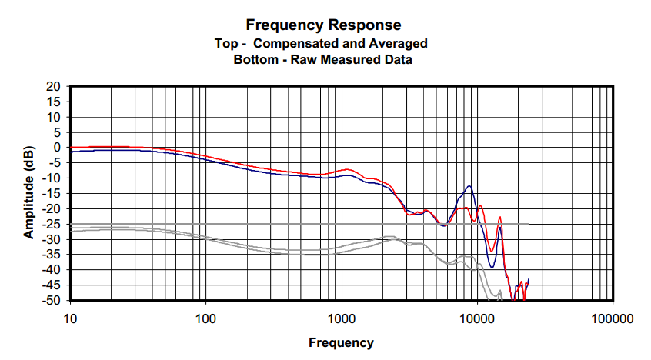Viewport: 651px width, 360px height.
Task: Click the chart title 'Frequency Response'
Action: [323, 26]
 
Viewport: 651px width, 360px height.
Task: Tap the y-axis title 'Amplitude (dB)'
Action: [28, 192]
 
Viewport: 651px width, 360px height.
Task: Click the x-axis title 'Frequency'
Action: [341, 343]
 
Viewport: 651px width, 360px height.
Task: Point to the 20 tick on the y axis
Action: [54, 87]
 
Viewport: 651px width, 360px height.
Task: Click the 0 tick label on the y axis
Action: [57, 148]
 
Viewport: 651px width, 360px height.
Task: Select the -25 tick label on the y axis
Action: [52, 224]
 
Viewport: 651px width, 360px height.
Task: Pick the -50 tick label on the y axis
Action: [52, 300]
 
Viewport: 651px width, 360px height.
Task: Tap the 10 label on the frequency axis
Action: [70, 318]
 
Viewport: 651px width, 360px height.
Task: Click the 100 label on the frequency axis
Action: [205, 318]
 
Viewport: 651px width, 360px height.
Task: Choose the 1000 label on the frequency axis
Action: [341, 318]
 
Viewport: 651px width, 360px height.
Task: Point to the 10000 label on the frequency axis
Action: [477, 318]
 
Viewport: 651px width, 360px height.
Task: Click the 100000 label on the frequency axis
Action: [613, 318]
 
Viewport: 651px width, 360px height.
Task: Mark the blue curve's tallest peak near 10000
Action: [469, 186]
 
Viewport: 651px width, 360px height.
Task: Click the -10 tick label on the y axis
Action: [52, 178]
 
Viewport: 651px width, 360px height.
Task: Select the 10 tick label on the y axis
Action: [54, 117]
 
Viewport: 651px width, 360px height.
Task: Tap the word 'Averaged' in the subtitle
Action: [402, 43]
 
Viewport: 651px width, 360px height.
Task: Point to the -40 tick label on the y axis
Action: [52, 270]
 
